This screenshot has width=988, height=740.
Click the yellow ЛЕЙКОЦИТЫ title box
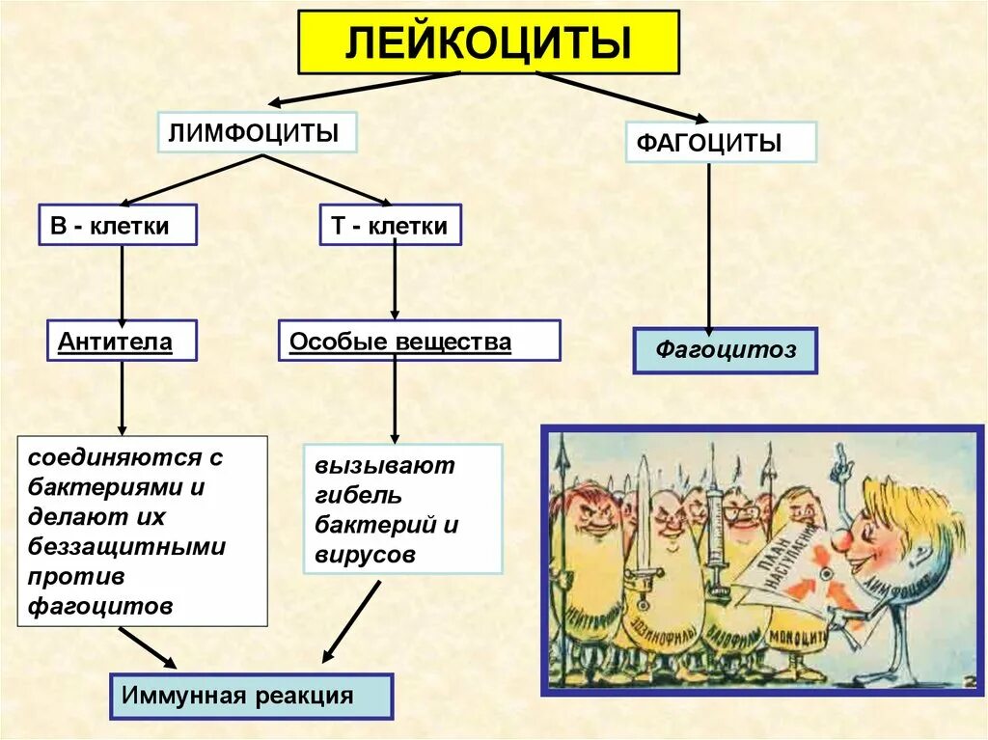click(x=488, y=41)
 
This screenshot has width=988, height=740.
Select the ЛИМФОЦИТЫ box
click(x=257, y=132)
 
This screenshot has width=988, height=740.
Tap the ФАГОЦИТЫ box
click(x=721, y=142)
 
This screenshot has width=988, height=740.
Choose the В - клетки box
click(x=118, y=225)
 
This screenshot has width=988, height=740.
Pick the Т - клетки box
click(x=390, y=225)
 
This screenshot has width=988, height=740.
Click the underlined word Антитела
click(x=115, y=341)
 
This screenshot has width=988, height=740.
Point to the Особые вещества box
click(x=419, y=341)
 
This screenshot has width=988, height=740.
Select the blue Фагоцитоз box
click(x=725, y=350)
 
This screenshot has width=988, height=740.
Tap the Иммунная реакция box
click(x=251, y=696)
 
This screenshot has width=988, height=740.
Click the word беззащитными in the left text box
click(x=127, y=547)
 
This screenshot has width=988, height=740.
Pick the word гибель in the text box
click(x=358, y=496)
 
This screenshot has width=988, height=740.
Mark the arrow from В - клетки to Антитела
click(x=122, y=283)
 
